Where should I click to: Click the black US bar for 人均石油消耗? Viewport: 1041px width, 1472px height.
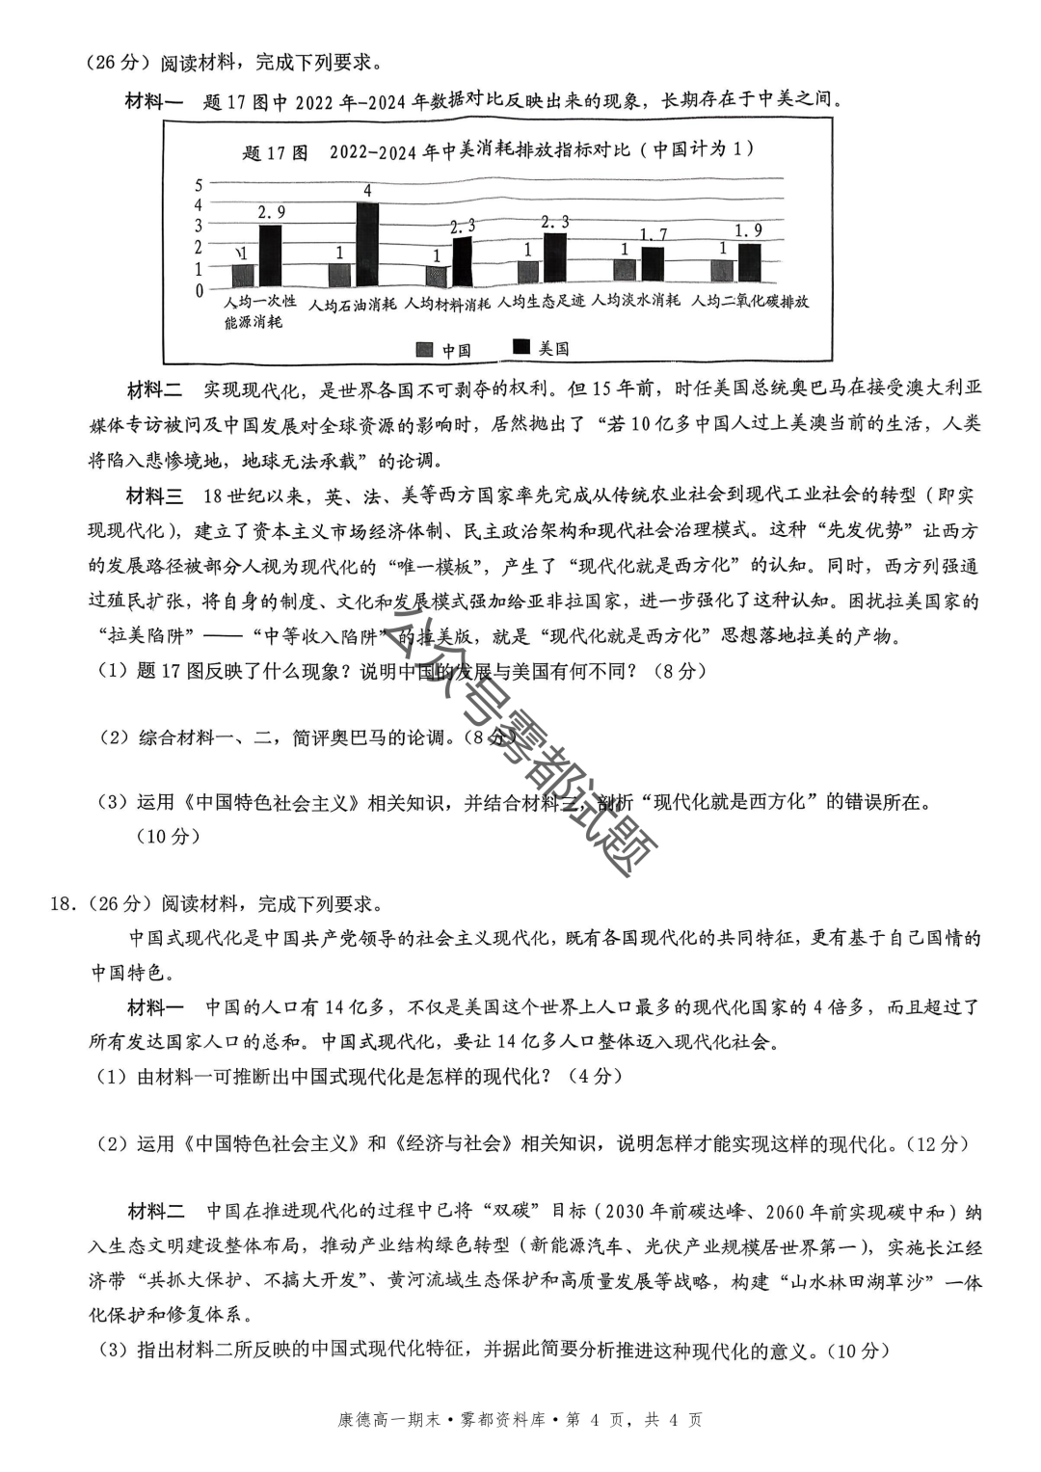coord(365,246)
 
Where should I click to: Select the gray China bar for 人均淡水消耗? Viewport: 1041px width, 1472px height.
coord(625,273)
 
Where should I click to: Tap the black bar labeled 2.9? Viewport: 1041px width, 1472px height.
coord(271,256)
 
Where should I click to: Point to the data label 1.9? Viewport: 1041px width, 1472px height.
coord(748,230)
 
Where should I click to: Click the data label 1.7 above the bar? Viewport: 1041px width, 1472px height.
coord(653,234)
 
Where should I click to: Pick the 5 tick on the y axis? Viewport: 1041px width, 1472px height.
coord(199,184)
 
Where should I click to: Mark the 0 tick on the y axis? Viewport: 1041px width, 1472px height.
coord(199,289)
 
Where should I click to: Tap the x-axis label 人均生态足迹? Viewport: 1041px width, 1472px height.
coord(541,302)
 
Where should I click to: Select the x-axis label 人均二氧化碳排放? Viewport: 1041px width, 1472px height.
coord(751,302)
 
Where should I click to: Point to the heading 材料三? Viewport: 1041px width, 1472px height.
coord(154,495)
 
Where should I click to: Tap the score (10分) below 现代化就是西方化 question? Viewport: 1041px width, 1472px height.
coord(169,837)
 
